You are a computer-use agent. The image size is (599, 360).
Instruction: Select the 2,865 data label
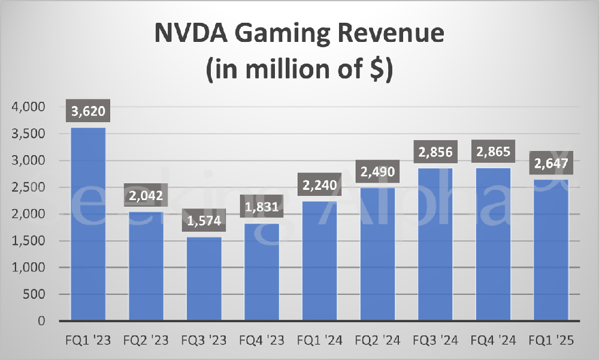494,152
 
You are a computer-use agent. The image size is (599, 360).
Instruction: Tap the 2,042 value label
146,196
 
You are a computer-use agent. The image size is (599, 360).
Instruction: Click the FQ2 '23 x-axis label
146,341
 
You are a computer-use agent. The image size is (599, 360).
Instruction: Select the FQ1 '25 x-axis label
552,341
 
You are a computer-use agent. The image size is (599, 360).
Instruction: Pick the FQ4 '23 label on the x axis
262,341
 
